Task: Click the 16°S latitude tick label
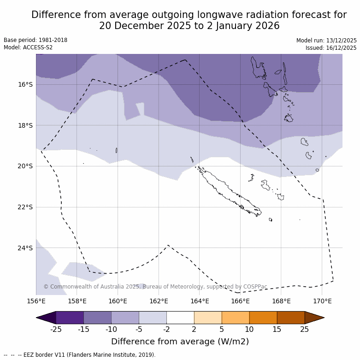pos(25,84)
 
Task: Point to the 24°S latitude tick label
pos(25,248)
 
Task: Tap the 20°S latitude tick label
pos(25,166)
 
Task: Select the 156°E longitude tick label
pos(36,301)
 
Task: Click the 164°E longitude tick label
pos(200,301)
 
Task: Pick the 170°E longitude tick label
pos(322,301)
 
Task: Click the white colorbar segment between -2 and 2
pos(180,318)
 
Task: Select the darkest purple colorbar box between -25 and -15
pos(70,318)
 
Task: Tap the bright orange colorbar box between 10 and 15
pos(263,318)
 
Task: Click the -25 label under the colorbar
pos(56,329)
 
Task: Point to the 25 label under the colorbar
pos(305,329)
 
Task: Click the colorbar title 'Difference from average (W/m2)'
pos(180,342)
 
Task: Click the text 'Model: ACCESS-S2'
pos(28,47)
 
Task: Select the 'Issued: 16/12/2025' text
pos(331,48)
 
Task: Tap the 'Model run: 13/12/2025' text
pos(326,41)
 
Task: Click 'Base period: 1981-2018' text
pos(35,40)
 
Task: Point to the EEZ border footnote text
pos(80,355)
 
